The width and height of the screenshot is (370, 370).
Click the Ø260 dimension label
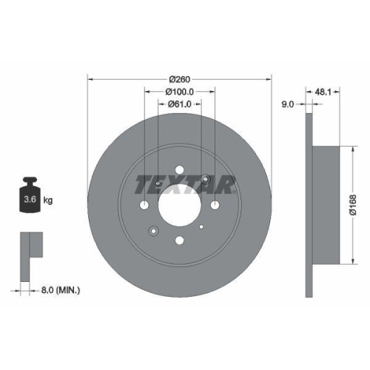coord(180,78)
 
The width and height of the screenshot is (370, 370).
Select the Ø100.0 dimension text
coord(180,91)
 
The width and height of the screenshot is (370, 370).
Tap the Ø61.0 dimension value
coord(180,104)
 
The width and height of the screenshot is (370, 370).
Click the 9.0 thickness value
coord(290,104)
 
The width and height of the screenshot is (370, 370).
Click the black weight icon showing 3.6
coord(30,196)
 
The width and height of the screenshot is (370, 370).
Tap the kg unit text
coord(48,201)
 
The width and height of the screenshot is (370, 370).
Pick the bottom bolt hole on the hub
coord(178,240)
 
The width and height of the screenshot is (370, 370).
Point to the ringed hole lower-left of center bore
coord(152,230)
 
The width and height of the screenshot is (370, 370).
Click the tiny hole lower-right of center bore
coord(201,226)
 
